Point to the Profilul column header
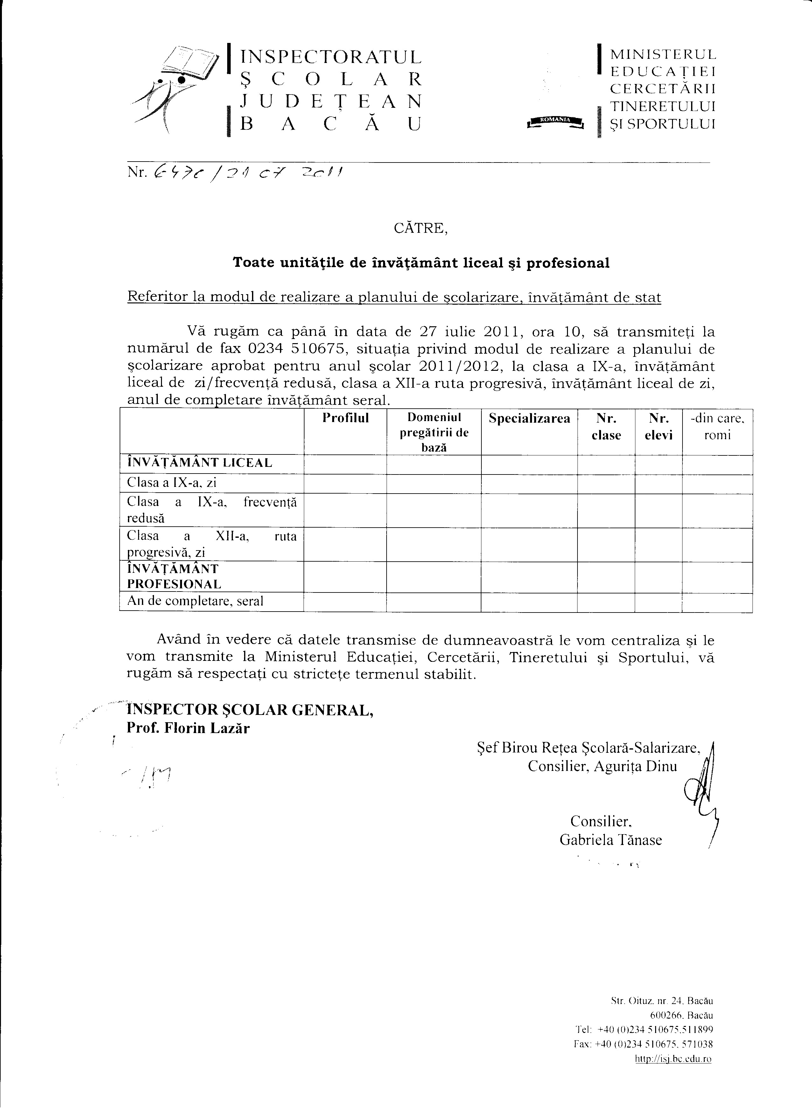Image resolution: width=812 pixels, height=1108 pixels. coord(345,418)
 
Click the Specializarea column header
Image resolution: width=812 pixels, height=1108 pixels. coord(529,419)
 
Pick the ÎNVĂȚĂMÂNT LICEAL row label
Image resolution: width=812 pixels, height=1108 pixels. coord(199,462)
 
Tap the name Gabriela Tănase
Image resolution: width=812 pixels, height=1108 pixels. coord(611,840)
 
